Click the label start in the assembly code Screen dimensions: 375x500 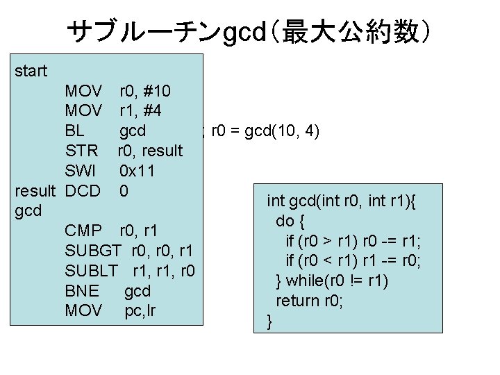31,71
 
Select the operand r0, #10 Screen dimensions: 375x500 146,91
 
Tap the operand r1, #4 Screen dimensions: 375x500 142,110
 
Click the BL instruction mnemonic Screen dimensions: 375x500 74,131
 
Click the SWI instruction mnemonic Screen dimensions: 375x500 80,171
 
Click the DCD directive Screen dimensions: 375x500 83,190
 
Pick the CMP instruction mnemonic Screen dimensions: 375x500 83,230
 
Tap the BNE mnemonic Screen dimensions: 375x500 81,290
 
